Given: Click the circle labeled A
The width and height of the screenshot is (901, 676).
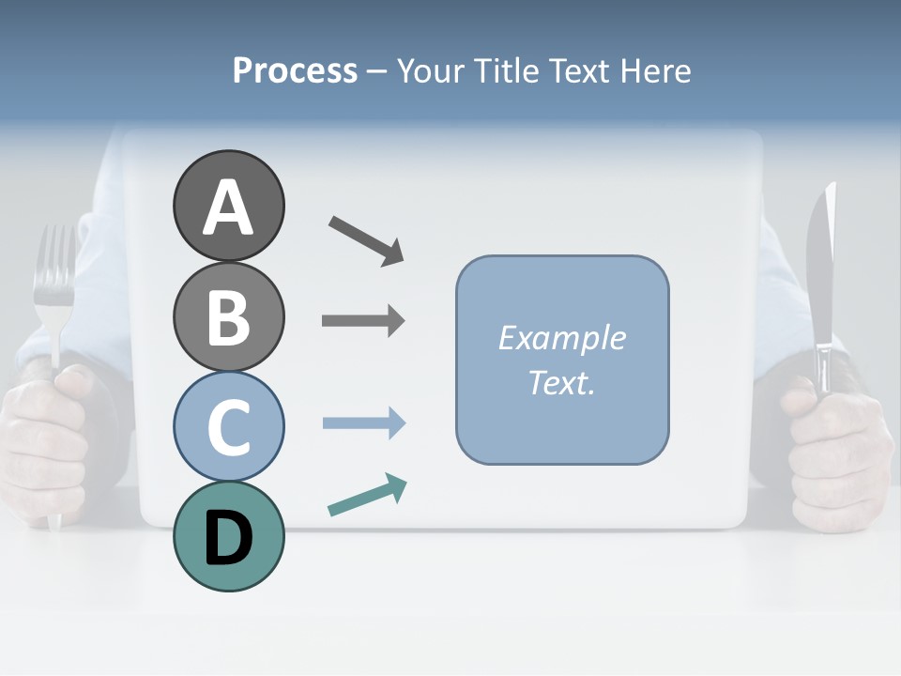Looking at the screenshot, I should (x=228, y=206).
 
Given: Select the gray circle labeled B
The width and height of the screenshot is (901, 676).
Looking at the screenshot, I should (x=228, y=316).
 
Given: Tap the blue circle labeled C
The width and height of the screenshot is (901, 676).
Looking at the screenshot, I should (x=228, y=426).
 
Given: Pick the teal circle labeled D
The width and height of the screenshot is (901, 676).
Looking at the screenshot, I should (x=228, y=536).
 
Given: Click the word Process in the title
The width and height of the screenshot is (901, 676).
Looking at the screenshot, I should (x=295, y=70).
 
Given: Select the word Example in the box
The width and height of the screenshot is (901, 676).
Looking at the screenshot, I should (x=561, y=337).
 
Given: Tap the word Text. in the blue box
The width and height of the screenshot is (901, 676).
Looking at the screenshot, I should (x=561, y=382).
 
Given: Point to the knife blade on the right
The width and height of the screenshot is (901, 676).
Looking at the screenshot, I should (x=821, y=253).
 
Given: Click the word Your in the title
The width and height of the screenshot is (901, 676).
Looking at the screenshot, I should (x=433, y=70).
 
